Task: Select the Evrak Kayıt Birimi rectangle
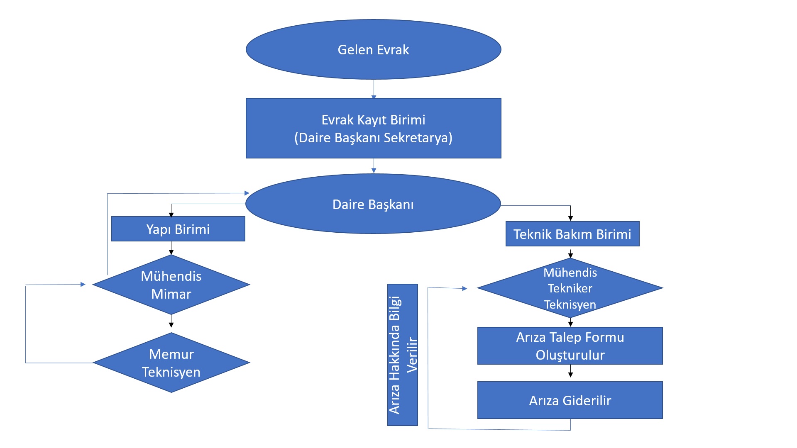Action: pyautogui.click(x=373, y=128)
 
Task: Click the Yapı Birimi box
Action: pyautogui.click(x=178, y=229)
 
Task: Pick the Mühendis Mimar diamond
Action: pyautogui.click(x=171, y=285)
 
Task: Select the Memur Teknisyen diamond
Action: pyautogui.click(x=171, y=363)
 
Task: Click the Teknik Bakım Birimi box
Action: pyautogui.click(x=572, y=234)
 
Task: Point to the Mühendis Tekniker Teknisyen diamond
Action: pyautogui.click(x=570, y=288)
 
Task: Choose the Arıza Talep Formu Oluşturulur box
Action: pyautogui.click(x=570, y=346)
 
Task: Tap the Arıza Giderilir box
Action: pyautogui.click(x=570, y=400)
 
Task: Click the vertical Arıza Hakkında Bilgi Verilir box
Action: pyautogui.click(x=402, y=355)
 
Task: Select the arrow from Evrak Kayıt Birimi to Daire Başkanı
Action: pyautogui.click(x=374, y=166)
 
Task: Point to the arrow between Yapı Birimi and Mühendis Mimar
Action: pyautogui.click(x=171, y=248)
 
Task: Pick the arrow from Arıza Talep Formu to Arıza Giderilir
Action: pyautogui.click(x=570, y=371)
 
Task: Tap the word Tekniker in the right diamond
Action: pyautogui.click(x=570, y=288)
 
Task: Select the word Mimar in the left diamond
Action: pyautogui.click(x=171, y=294)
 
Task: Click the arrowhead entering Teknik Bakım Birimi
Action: pyautogui.click(x=570, y=218)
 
